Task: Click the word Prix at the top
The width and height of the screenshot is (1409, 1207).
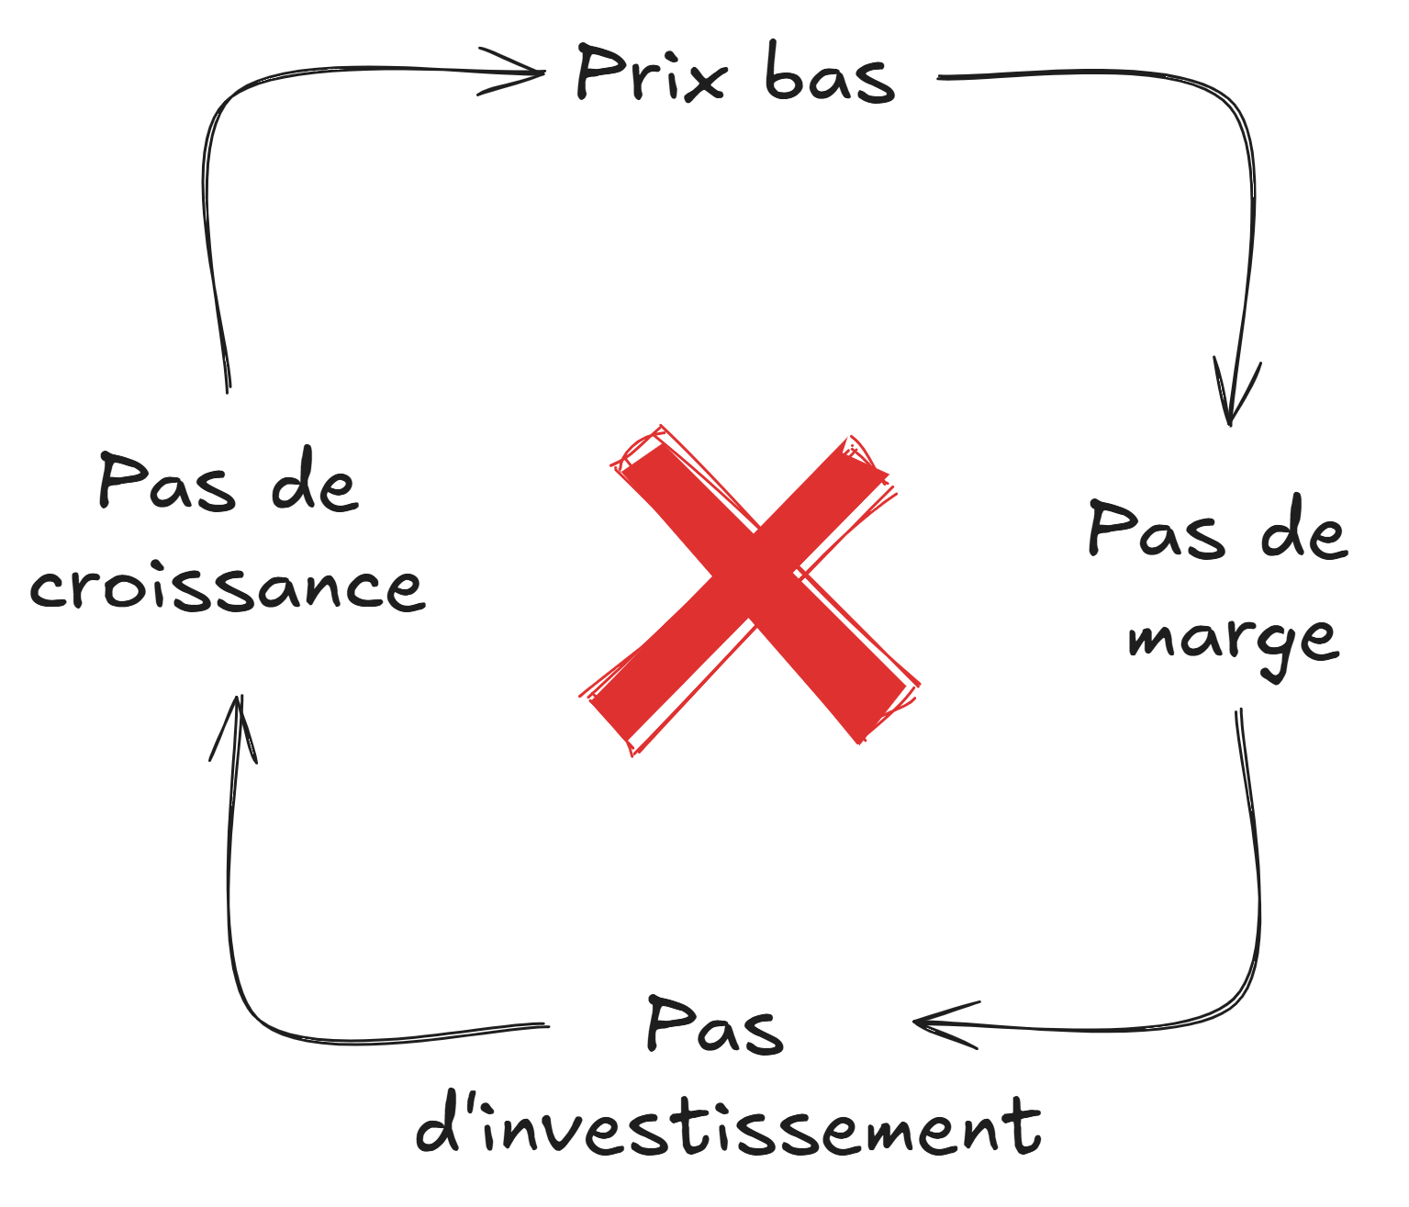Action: tap(651, 73)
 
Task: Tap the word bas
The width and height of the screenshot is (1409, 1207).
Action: tap(829, 73)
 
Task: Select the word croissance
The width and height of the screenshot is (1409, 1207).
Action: tap(228, 587)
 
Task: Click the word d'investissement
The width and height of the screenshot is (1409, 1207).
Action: tap(729, 1126)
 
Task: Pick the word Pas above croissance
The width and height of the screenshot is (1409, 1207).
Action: tap(166, 482)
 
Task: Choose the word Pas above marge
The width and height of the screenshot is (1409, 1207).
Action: tap(1156, 530)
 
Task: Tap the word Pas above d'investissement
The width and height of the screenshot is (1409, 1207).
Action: tap(715, 1026)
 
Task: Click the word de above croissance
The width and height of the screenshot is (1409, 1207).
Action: tap(313, 482)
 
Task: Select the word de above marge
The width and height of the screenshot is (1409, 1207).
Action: tap(1303, 530)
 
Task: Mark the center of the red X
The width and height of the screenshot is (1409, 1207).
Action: tap(751, 589)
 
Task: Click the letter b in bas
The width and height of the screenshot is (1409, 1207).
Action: tap(785, 73)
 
